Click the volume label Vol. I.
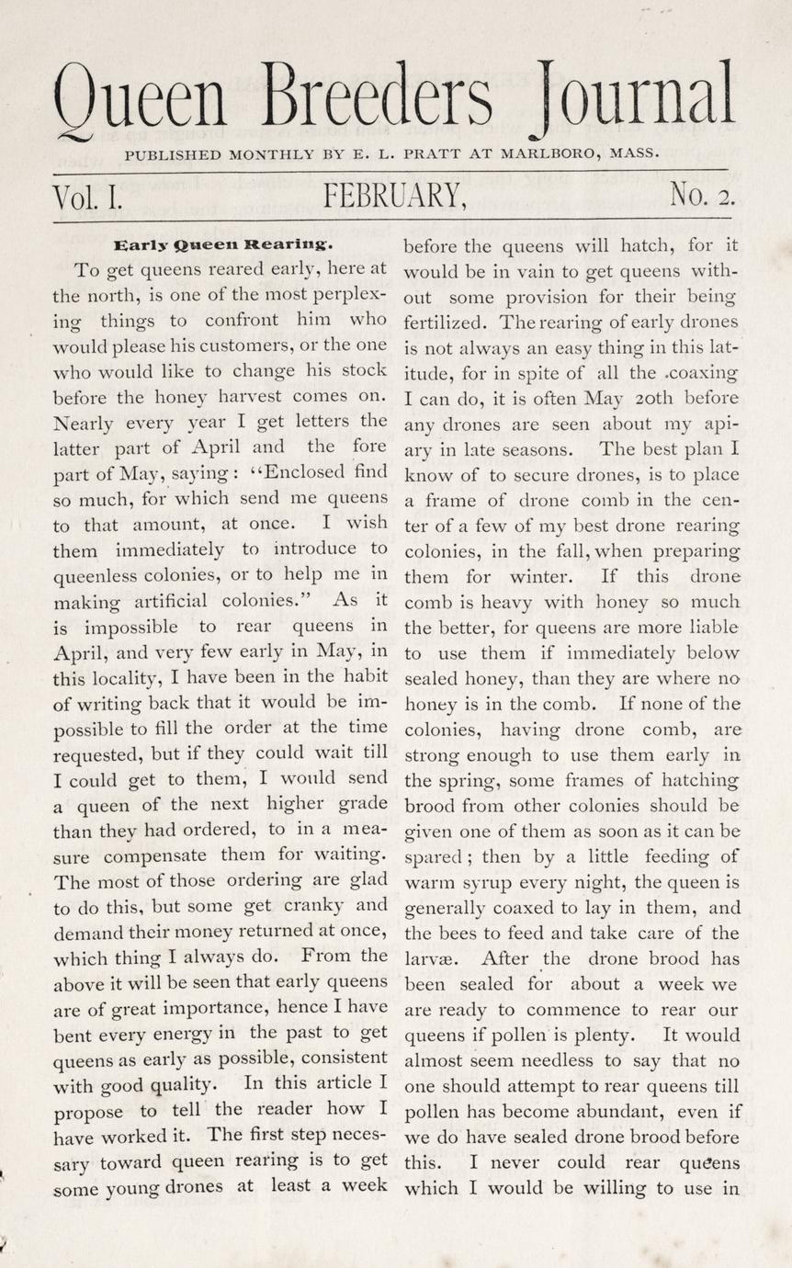point(87,196)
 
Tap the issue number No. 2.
point(702,195)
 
